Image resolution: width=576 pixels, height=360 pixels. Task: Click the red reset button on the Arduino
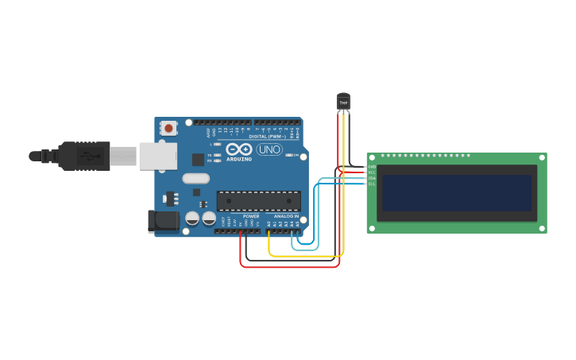pyautogui.click(x=168, y=128)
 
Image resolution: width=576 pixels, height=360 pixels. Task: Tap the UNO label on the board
pyautogui.click(x=269, y=149)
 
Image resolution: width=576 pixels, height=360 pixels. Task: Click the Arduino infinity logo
pyautogui.click(x=239, y=149)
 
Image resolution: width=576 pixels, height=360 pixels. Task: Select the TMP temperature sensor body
pyautogui.click(x=343, y=103)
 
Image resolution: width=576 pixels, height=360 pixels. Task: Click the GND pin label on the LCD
pyautogui.click(x=372, y=167)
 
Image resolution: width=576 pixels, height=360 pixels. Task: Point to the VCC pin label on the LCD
pyautogui.click(x=372, y=172)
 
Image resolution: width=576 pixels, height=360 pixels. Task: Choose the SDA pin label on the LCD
pyautogui.click(x=372, y=178)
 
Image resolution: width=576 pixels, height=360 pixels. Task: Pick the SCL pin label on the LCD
pyautogui.click(x=372, y=184)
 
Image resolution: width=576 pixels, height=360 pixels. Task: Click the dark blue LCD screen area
pyautogui.click(x=456, y=192)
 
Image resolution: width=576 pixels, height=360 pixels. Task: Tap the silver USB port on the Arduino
pyautogui.click(x=157, y=156)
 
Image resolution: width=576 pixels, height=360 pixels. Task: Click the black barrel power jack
pyautogui.click(x=164, y=221)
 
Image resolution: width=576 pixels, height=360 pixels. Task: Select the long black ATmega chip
pyautogui.click(x=259, y=201)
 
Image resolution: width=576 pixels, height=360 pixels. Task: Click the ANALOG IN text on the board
pyautogui.click(x=286, y=216)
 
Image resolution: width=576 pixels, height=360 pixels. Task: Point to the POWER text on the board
pyautogui.click(x=251, y=216)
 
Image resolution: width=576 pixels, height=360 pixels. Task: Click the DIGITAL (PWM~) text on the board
pyautogui.click(x=269, y=137)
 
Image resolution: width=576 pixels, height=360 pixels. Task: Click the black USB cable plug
pyautogui.click(x=83, y=156)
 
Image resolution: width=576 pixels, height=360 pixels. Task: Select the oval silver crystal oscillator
pyautogui.click(x=195, y=179)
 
